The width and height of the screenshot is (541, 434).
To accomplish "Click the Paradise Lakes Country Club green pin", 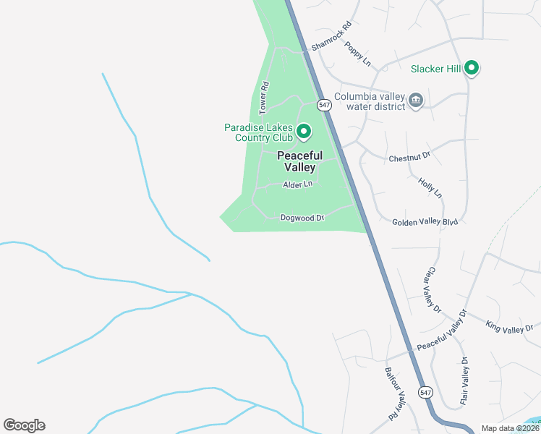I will [304, 132].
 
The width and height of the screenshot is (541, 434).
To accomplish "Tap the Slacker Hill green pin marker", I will [472, 69].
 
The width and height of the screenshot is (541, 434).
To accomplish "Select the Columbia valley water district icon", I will [416, 100].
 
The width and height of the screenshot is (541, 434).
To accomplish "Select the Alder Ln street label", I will [297, 184].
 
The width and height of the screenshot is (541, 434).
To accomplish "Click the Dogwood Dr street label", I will [302, 217].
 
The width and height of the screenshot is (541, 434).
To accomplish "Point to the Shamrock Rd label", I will [331, 35].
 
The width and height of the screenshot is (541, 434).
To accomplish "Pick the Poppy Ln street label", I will [357, 54].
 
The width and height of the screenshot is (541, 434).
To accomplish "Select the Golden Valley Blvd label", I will [425, 222].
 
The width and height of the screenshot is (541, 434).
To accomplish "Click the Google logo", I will [24, 425].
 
